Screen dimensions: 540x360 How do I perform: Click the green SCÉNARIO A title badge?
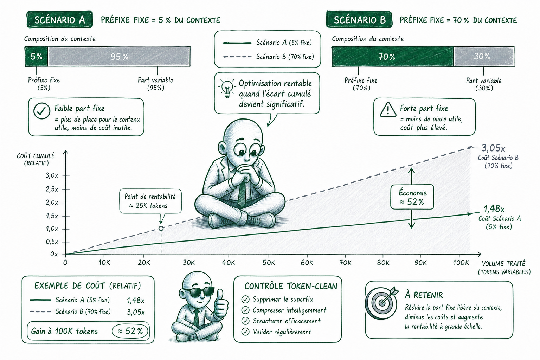[59, 20]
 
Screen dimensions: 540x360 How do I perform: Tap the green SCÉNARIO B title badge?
[359, 20]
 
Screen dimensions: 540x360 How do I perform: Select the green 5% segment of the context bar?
[37, 56]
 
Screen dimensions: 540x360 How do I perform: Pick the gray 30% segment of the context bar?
[484, 56]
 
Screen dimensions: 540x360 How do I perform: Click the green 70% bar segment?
[393, 56]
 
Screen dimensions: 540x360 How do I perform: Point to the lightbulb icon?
[227, 88]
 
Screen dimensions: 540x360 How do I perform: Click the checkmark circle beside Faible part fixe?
[42, 111]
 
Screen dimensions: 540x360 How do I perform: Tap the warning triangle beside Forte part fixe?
[388, 110]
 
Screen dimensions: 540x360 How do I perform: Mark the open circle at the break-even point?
[161, 228]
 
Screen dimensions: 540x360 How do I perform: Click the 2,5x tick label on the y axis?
[52, 189]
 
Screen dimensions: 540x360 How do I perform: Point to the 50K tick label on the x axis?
[269, 263]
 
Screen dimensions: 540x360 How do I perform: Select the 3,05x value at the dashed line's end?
[493, 148]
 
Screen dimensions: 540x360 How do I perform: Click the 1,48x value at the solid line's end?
[494, 208]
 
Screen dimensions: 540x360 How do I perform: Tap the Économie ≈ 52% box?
[412, 197]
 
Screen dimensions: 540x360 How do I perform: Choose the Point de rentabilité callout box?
[150, 201]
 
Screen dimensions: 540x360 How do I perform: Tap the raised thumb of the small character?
[220, 297]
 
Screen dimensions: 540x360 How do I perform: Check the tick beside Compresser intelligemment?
[245, 310]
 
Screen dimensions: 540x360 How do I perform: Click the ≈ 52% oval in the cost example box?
[130, 331]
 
